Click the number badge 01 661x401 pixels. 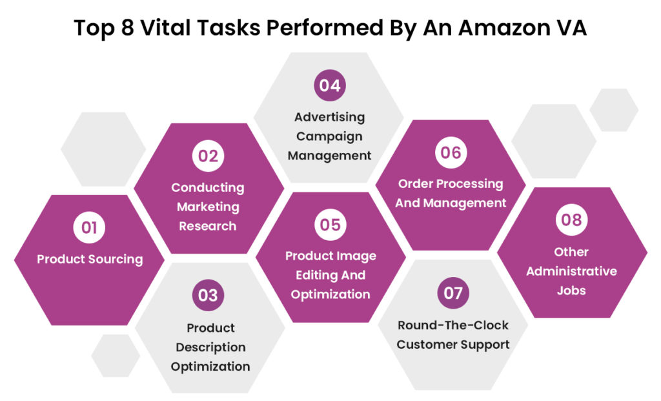89,227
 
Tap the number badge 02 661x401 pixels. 207,156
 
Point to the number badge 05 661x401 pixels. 329,224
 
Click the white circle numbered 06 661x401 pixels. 451,152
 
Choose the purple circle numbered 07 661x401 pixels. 453,293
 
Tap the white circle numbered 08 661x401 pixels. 571,220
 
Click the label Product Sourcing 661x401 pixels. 90,259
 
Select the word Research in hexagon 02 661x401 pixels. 207,226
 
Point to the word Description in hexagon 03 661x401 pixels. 210,347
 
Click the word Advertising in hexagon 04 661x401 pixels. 329,117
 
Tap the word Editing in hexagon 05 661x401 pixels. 312,275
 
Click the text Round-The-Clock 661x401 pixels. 453,325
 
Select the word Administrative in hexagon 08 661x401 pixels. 571,271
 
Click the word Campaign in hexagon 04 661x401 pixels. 329,136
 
